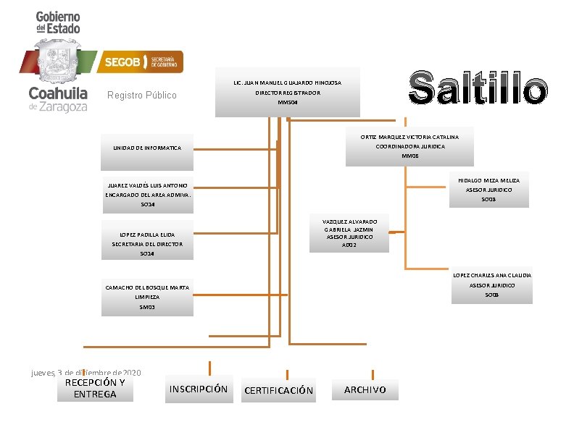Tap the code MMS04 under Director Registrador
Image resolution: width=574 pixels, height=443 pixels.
point(288,103)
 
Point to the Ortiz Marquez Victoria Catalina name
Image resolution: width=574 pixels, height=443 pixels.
point(409,137)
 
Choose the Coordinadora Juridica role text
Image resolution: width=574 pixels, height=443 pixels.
point(409,146)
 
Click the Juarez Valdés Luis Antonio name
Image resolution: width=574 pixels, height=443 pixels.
point(147,185)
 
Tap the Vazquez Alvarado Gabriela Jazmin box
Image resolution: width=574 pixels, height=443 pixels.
point(349,233)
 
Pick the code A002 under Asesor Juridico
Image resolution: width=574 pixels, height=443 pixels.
point(349,245)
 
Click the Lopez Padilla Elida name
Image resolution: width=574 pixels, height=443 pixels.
point(147,235)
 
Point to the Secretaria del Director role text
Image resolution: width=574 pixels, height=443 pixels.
point(147,245)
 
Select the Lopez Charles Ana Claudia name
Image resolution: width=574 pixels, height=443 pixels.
point(491,275)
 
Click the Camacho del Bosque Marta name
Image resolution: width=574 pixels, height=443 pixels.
point(147,288)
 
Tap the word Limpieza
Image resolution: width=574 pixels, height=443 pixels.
point(147,298)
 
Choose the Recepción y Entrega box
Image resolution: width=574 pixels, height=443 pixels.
point(95,389)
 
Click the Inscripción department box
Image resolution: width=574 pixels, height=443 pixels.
point(198,389)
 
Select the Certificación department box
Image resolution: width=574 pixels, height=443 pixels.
point(279,390)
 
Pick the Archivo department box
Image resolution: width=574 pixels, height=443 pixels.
point(365,390)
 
